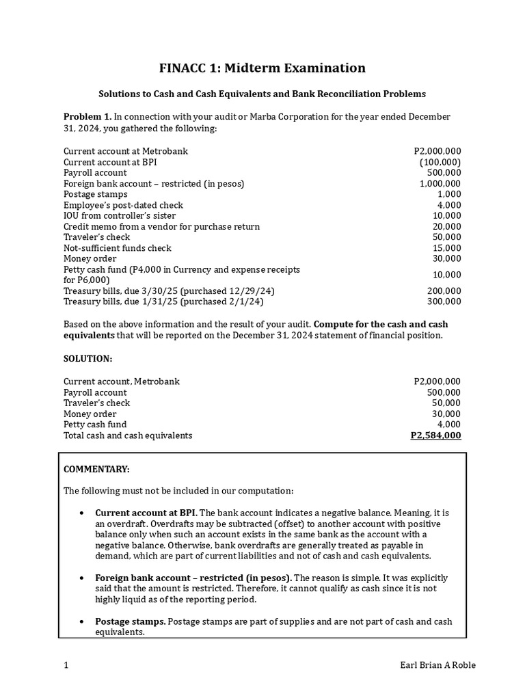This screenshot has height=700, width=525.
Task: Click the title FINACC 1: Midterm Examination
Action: point(262,68)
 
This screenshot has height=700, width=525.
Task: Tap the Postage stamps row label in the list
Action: point(95,194)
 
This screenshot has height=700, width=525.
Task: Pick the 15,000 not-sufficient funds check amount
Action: point(447,248)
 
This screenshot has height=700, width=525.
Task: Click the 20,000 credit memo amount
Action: point(447,226)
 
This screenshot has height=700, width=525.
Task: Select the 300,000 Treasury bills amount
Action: point(444,301)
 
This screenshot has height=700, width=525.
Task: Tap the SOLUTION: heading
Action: point(87,359)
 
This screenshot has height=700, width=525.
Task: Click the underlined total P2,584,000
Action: point(435,435)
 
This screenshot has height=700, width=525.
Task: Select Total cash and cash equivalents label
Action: point(128,435)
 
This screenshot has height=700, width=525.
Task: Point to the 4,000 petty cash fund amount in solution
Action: point(449,425)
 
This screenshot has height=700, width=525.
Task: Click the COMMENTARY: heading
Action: point(96,469)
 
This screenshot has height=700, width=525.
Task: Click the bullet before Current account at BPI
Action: point(82,513)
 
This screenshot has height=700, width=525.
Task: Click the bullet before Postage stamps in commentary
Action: point(82,622)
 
